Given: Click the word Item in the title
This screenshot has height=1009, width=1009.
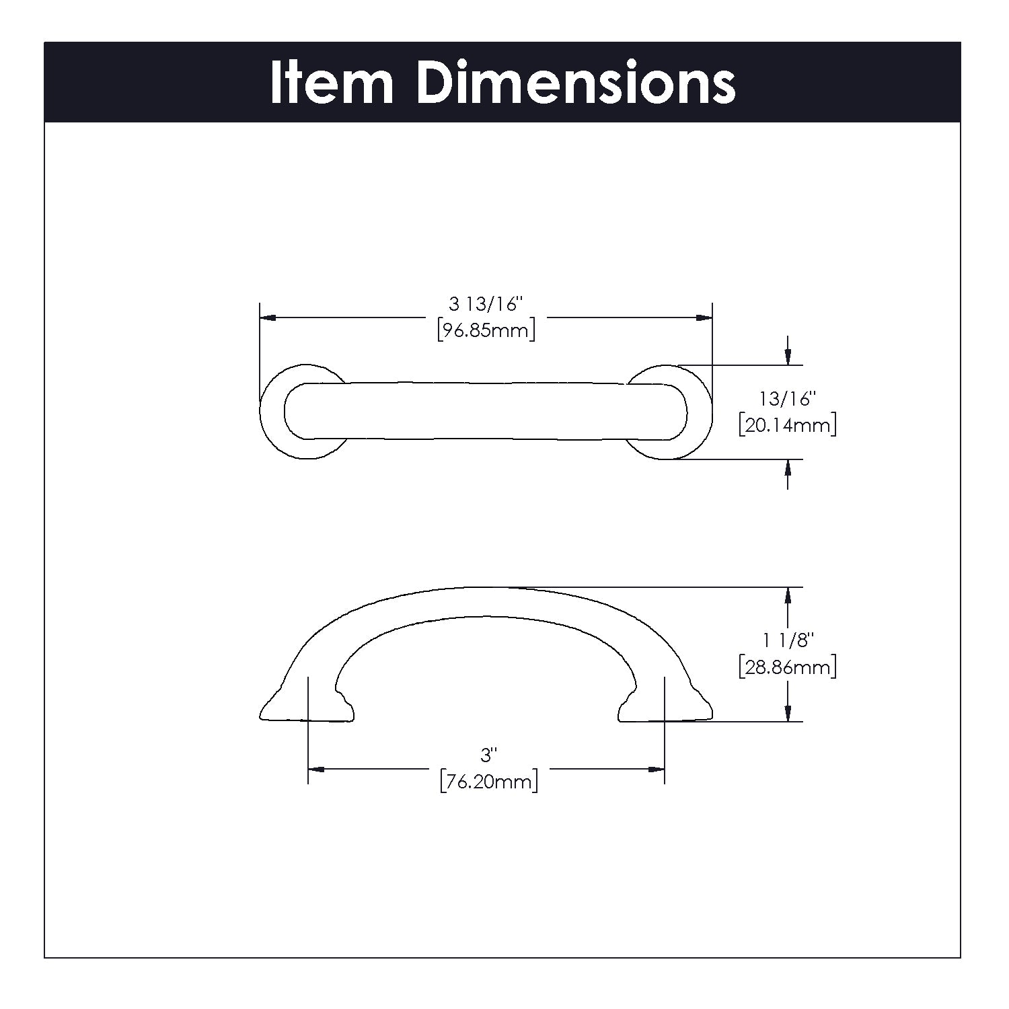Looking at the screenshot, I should coord(331,83).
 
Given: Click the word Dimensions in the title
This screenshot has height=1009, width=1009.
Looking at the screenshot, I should coord(576,83).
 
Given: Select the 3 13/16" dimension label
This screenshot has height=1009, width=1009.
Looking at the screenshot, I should coord(486,305).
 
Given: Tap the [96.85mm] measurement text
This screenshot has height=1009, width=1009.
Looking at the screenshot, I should coord(486,331).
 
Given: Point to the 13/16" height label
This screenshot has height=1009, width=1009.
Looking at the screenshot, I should coord(787,399).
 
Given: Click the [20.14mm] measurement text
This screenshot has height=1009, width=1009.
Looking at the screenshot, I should coord(787,426).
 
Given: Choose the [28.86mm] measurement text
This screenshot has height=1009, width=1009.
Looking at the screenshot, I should coord(787,668).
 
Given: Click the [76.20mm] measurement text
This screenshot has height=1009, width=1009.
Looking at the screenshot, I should coord(489,782).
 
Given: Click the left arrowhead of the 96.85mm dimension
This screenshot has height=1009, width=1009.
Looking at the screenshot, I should coord(268,317).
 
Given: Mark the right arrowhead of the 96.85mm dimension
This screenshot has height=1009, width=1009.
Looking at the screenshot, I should coord(704,317).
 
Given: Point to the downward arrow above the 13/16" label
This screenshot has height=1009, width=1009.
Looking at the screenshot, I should coord(788,356).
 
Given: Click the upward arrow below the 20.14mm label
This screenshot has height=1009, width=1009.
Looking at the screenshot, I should coord(788,469).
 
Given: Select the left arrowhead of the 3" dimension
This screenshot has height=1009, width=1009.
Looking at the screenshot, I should coord(317,769).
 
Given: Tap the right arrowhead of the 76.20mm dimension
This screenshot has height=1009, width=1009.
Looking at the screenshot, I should coord(656,769).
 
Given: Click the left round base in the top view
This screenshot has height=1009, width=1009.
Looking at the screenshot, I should coord(272,413).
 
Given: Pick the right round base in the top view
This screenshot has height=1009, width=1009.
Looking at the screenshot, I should coord(700,413).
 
